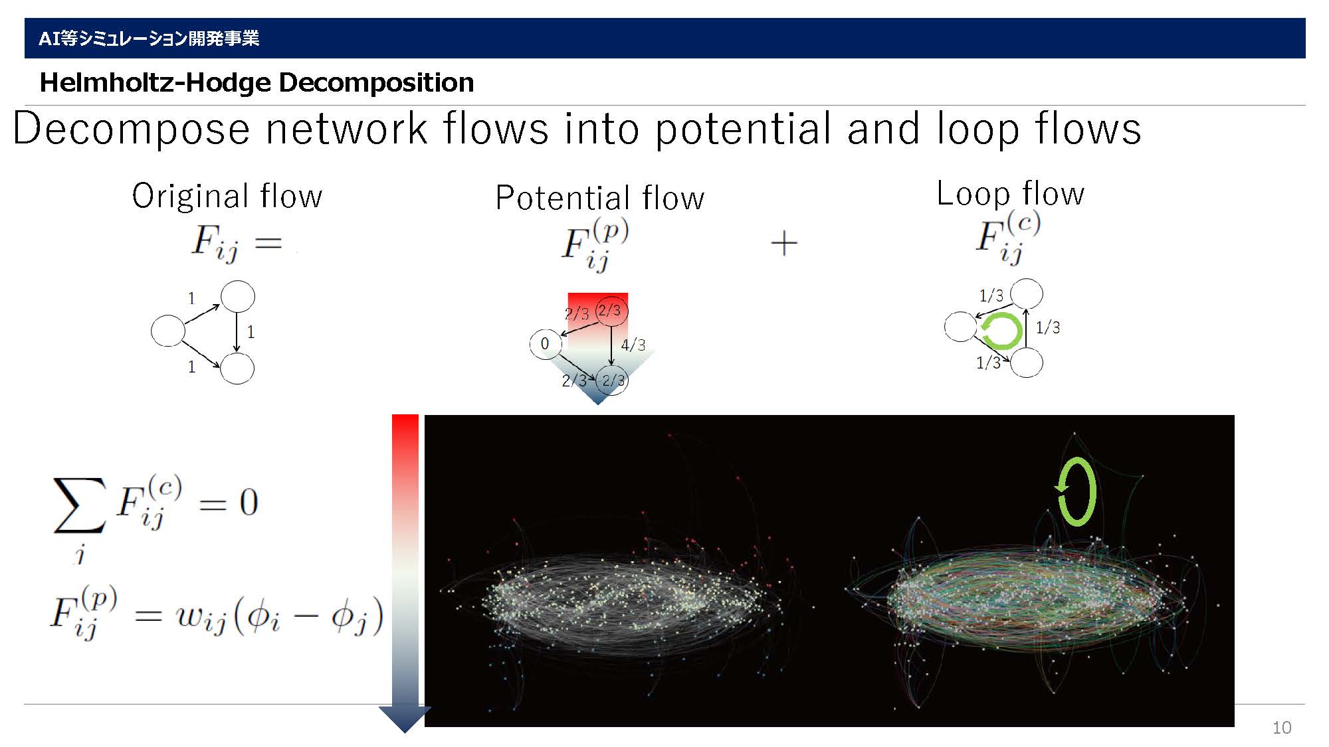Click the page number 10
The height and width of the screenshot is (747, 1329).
[1282, 728]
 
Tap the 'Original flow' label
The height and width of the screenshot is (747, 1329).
[227, 196]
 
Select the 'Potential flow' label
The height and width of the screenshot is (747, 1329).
[599, 198]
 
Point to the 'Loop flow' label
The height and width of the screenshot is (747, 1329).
[1010, 193]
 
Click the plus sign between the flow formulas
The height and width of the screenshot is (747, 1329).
[784, 243]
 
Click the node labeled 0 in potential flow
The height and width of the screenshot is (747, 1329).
[546, 344]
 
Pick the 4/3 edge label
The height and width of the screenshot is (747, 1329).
[633, 345]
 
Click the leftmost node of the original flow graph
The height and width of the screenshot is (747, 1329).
[168, 331]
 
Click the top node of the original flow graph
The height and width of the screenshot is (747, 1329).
[237, 296]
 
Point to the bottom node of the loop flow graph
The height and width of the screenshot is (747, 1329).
[1027, 363]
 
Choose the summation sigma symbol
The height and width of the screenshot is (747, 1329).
[79, 505]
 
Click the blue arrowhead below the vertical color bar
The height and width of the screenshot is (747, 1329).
[405, 719]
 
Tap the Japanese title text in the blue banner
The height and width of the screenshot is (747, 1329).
[149, 39]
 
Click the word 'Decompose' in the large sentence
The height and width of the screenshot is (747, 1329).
[132, 129]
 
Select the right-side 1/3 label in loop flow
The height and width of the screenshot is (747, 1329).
[1048, 327]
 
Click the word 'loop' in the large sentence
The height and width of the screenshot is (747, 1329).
[978, 129]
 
